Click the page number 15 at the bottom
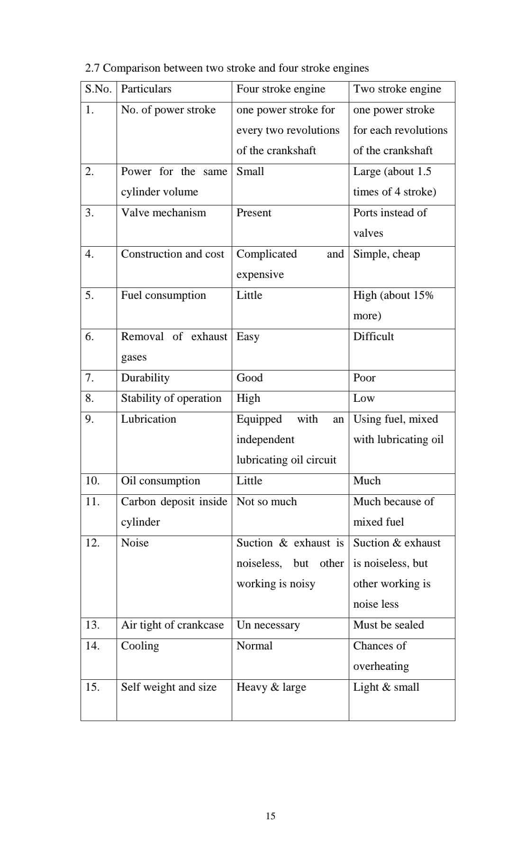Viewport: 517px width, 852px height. coord(271,816)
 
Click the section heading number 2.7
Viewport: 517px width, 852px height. coord(92,68)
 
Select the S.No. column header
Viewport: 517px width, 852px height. coord(98,89)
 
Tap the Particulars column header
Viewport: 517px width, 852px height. coord(146,89)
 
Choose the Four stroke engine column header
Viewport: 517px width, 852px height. coord(281,89)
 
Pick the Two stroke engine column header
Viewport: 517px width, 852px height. coord(397,89)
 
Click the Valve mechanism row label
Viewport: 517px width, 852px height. coord(163,213)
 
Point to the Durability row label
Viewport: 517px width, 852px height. coord(145,378)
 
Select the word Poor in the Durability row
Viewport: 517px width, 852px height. coord(364,378)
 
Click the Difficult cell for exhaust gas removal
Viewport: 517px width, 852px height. coord(373,336)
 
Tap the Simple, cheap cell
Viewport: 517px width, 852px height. coord(386,254)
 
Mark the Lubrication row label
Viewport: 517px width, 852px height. coord(148,419)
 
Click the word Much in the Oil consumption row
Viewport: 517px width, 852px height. coord(367,481)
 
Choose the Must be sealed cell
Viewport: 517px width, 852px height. coord(388,625)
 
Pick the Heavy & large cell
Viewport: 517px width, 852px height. coord(271,687)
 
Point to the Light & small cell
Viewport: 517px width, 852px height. coord(386,687)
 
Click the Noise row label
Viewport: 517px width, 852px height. coord(135,543)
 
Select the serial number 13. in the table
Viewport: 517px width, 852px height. coord(92,625)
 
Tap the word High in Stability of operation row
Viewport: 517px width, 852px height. coord(248,398)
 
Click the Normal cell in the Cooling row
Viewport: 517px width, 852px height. coord(254,646)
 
